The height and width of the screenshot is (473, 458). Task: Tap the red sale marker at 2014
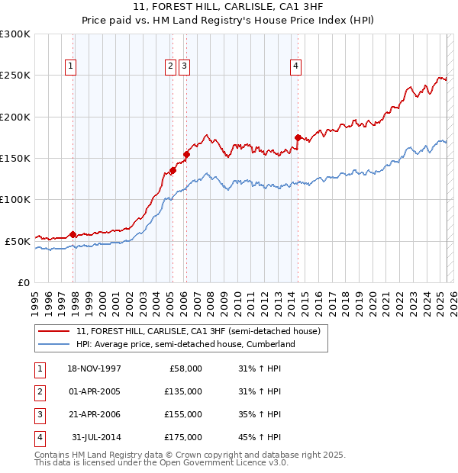pos(298,138)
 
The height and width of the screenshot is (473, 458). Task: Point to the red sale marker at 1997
pos(73,234)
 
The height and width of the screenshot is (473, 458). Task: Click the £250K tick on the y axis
pos(15,76)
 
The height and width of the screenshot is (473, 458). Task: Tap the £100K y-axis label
pos(15,199)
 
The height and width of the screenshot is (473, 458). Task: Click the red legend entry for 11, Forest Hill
pos(202,331)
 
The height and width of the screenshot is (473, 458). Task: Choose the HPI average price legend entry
pos(185,344)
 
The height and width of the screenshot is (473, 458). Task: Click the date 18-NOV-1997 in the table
pos(94,368)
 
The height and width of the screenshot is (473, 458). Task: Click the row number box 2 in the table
pos(37,391)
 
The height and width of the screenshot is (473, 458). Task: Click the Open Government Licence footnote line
pos(161,462)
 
